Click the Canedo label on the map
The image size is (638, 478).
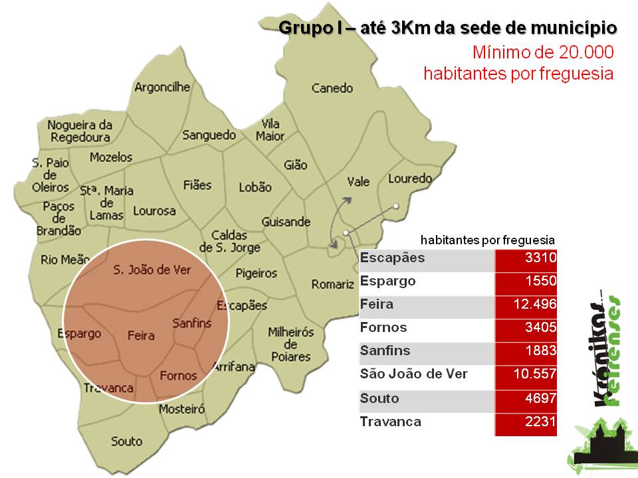coord(333,88)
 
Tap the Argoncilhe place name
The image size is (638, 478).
coord(162,87)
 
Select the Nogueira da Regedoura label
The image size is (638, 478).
coord(79,131)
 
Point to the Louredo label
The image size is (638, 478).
coord(410,179)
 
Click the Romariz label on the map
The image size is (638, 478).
coord(333,284)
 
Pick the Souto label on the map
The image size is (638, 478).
coord(126,441)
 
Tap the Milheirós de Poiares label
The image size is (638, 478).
coord(290,344)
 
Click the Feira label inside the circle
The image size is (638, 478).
coord(141,335)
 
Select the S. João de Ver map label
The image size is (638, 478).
coord(152,270)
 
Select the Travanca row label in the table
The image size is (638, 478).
coord(390,421)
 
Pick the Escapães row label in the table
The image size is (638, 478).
coord(391,258)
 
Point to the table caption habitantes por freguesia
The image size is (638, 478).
coord(487,240)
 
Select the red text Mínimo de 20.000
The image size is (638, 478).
coord(542,52)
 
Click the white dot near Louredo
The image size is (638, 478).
coord(395,206)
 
